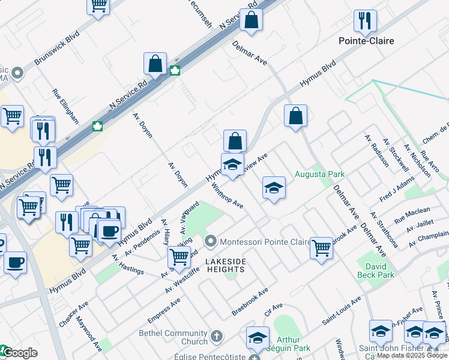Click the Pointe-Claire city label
point(366,41)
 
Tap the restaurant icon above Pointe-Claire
point(365,22)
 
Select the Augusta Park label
point(320,175)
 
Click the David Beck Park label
point(376,269)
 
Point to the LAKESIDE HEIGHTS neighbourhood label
point(226,266)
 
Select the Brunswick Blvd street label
point(57,49)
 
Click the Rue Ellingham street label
point(65,107)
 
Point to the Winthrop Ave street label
point(228,196)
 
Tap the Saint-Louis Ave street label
point(342,311)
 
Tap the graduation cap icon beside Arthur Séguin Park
point(258,337)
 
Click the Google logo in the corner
point(19,353)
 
